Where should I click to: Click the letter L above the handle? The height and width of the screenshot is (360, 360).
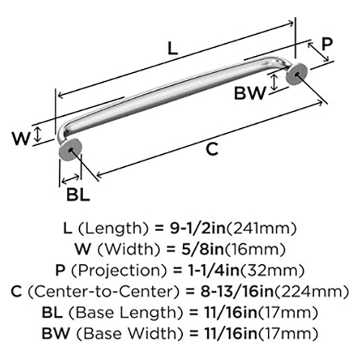(x=173, y=48)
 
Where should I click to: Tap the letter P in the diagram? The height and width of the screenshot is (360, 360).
(x=327, y=44)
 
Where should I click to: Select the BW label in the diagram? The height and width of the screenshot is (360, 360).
(x=251, y=93)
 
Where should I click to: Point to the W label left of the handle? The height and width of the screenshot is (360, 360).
(x=22, y=138)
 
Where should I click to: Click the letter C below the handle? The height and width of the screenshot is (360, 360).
(x=212, y=149)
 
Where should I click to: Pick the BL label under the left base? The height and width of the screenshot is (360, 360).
(x=78, y=194)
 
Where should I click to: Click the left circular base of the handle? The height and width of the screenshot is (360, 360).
(x=70, y=150)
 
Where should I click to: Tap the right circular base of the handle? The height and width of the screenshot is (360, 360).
(x=297, y=74)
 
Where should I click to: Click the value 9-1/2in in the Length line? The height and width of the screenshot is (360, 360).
(x=198, y=228)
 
